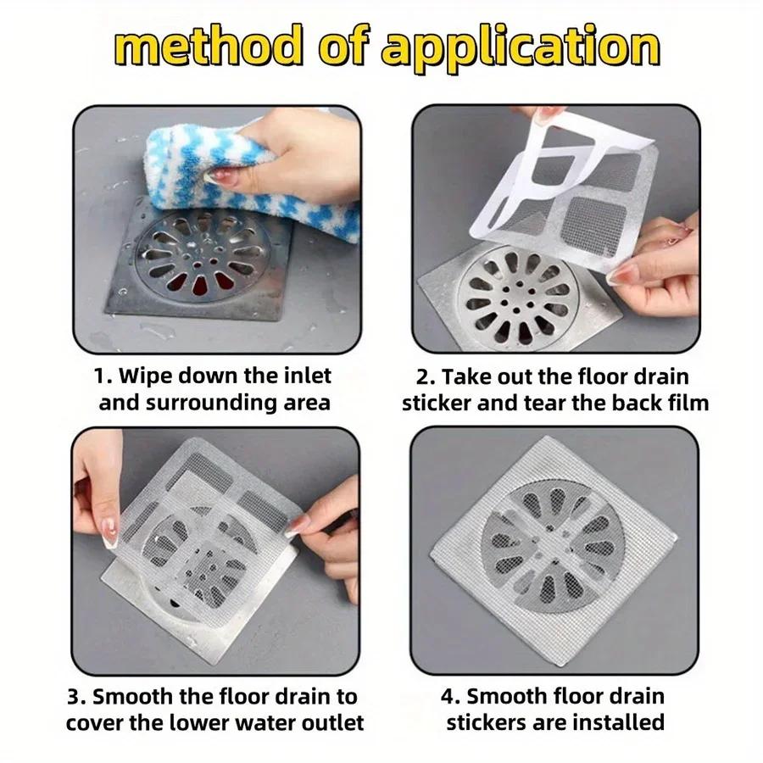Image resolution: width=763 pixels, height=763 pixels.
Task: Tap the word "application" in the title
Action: (x=519, y=49)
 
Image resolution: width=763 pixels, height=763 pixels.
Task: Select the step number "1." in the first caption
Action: (x=102, y=376)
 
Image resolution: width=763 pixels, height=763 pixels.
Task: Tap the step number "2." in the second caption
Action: (x=426, y=376)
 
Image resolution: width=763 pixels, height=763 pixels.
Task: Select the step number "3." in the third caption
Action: (x=78, y=698)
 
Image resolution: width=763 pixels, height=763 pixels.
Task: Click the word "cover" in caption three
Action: (x=93, y=723)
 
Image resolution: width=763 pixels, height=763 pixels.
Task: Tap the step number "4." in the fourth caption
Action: (x=451, y=698)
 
